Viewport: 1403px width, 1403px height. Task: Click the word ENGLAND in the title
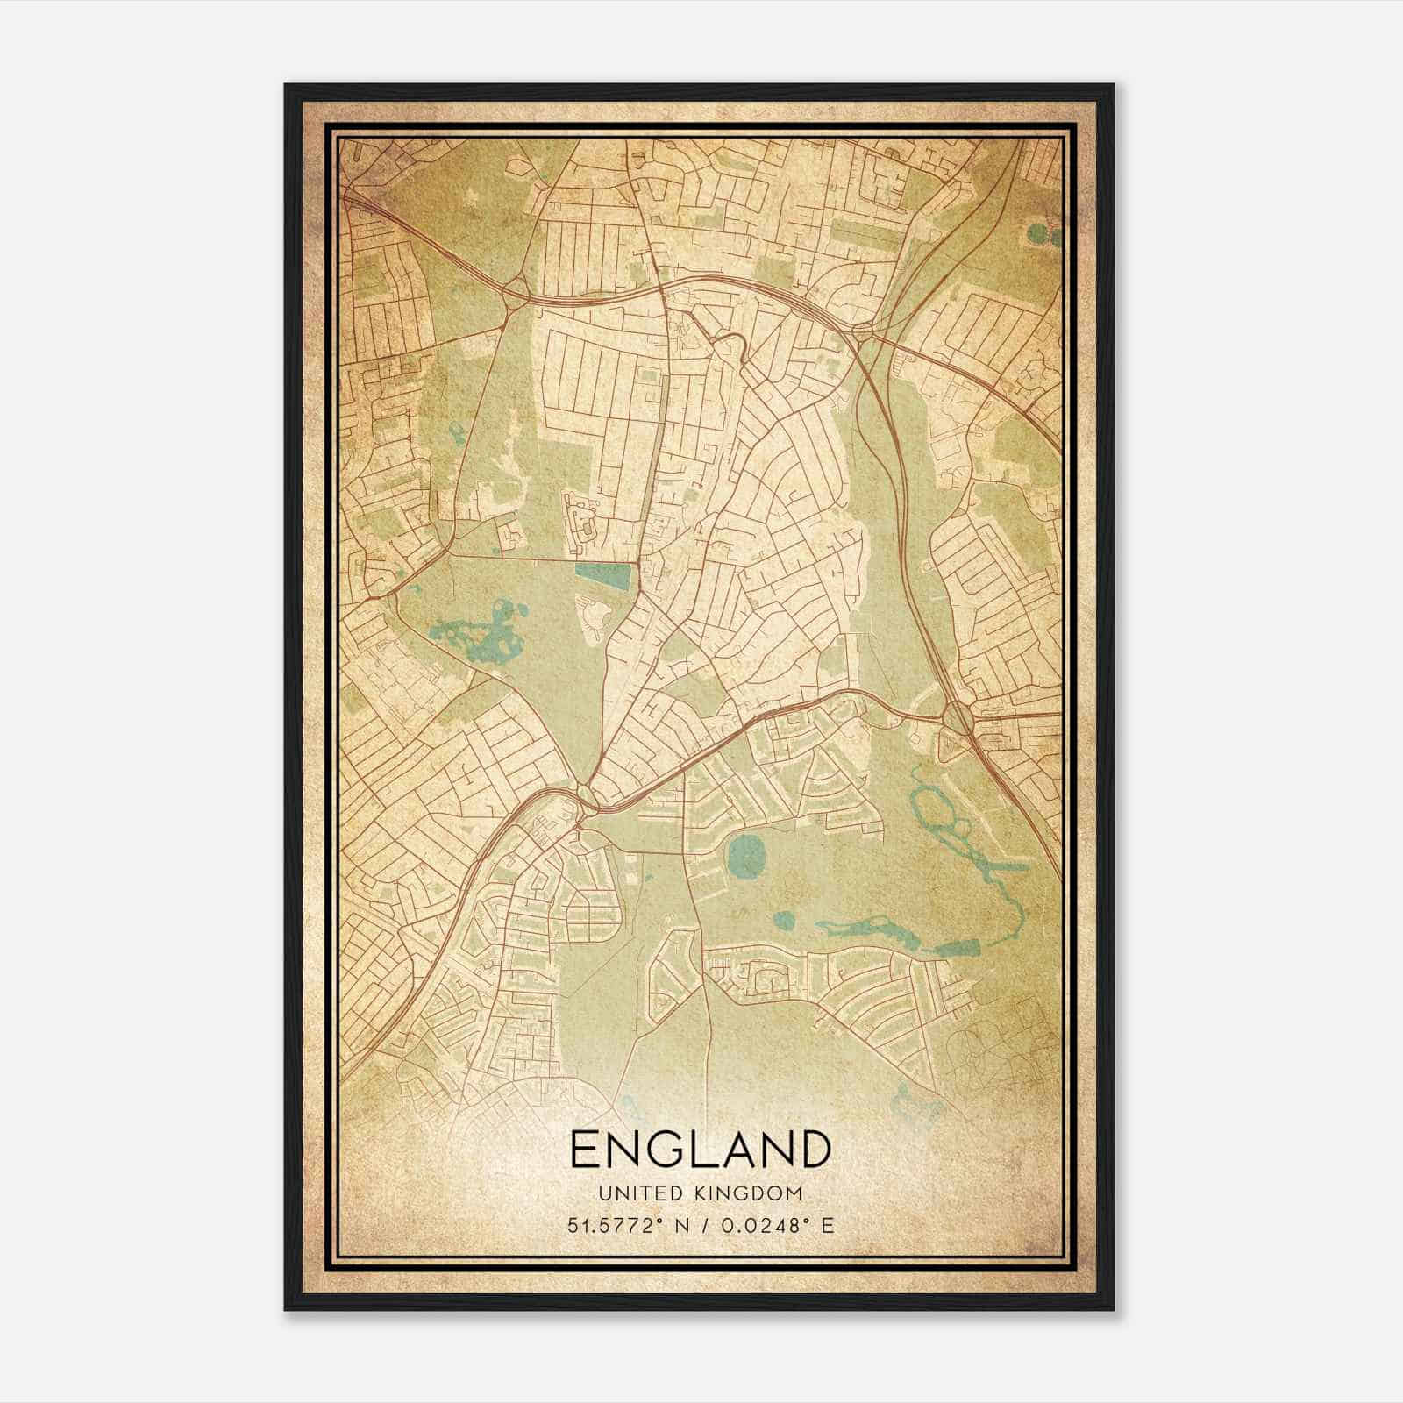point(700,1150)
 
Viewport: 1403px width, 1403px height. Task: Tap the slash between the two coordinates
point(701,1225)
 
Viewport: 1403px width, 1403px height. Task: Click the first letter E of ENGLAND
point(585,1150)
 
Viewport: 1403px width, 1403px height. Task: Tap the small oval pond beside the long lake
point(784,921)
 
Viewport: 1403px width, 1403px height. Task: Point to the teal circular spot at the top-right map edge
point(1038,235)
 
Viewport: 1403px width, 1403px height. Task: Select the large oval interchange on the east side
point(958,719)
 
